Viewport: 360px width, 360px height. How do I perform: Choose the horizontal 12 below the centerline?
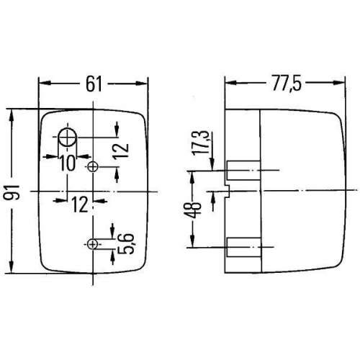tap(80, 204)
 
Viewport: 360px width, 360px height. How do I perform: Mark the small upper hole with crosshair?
tap(93, 167)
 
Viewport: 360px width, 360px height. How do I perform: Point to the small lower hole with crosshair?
tap(93, 243)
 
